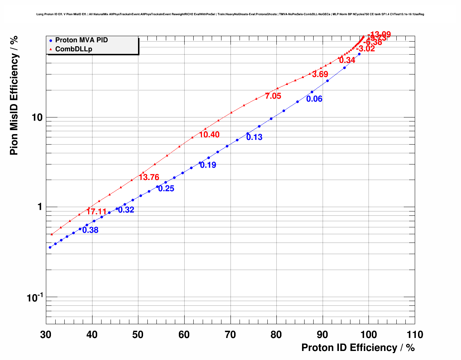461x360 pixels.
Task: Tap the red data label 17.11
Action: (x=96, y=212)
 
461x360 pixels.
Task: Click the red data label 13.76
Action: (x=149, y=177)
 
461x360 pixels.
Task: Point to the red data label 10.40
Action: (x=209, y=135)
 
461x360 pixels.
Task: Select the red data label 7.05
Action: (x=273, y=96)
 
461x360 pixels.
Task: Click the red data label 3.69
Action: (x=320, y=74)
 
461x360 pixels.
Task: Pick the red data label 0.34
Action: (x=347, y=60)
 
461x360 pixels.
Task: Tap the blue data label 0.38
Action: (x=90, y=230)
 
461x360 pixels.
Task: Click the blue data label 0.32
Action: (x=126, y=210)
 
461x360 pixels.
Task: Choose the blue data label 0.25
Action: (x=166, y=189)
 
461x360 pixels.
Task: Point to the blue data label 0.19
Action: (x=208, y=165)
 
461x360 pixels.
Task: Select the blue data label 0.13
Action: (x=254, y=137)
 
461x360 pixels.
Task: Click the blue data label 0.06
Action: (x=314, y=99)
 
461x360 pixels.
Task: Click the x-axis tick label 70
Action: (x=231, y=335)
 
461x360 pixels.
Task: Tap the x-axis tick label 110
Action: (x=414, y=335)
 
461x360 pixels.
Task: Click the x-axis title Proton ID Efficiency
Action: (x=358, y=348)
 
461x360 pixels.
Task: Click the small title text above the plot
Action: (x=230, y=14)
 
